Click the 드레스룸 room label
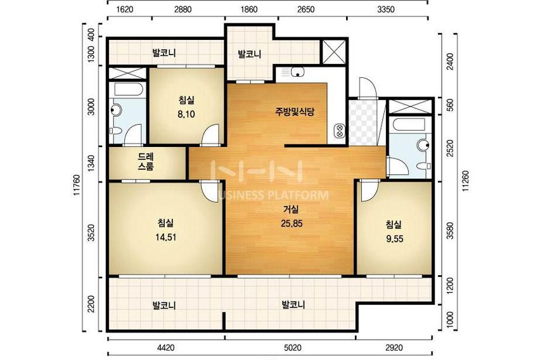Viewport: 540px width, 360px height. [146, 162]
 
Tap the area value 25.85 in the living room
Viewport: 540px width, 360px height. [292, 224]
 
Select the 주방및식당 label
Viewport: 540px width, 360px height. [295, 112]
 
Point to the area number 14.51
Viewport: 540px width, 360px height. [165, 237]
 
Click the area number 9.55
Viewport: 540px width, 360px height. [394, 239]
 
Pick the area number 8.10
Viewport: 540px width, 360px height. [186, 114]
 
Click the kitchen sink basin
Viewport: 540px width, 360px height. [297, 72]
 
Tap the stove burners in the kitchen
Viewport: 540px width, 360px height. [340, 131]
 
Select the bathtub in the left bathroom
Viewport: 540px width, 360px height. [129, 89]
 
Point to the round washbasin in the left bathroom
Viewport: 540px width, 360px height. [115, 110]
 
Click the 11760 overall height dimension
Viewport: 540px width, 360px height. [77, 184]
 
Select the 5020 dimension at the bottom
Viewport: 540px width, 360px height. [293, 348]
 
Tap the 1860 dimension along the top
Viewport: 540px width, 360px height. [249, 10]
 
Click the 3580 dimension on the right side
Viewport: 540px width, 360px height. [450, 230]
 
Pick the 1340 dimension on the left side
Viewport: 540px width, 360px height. [91, 164]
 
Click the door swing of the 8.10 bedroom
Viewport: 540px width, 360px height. [210, 135]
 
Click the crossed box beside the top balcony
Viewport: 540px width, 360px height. [334, 52]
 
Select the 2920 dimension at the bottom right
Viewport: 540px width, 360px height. [394, 348]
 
